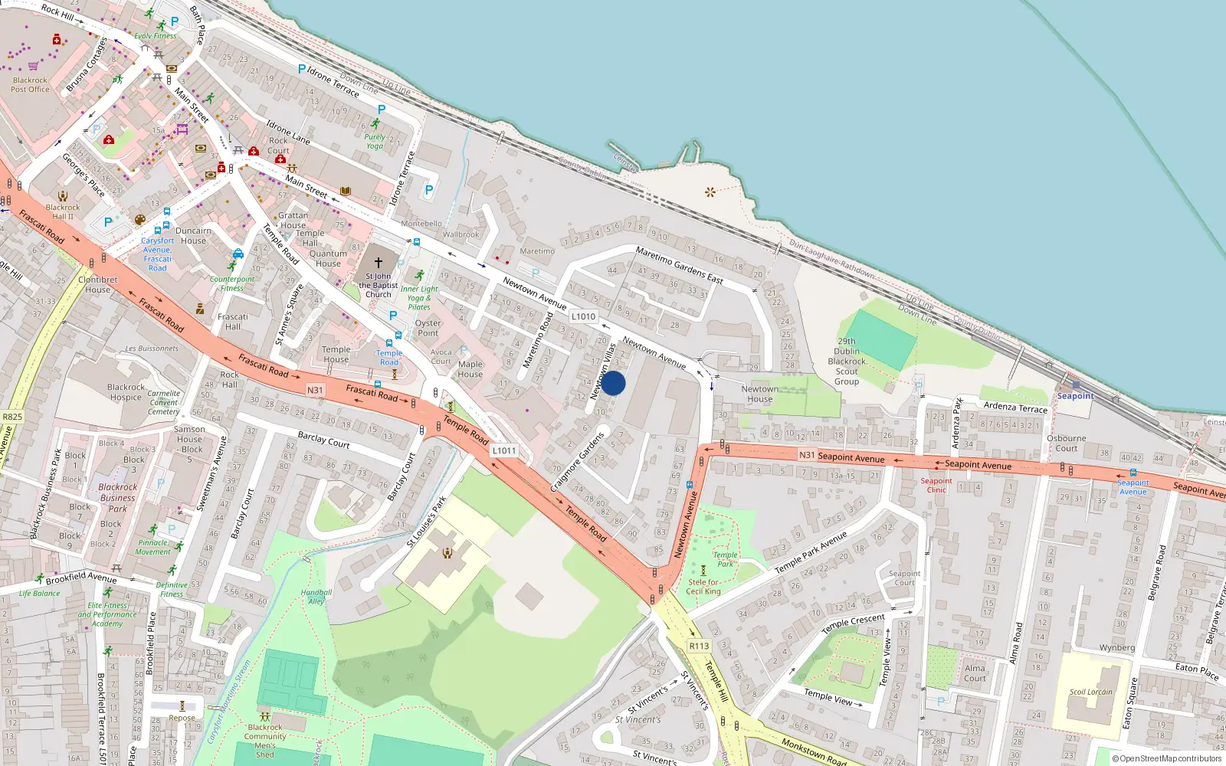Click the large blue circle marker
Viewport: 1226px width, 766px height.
pyautogui.click(x=613, y=383)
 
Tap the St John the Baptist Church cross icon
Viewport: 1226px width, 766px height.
pyautogui.click(x=378, y=263)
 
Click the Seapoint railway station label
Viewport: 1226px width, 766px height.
pyautogui.click(x=1075, y=396)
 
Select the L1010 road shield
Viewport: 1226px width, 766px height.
pyautogui.click(x=583, y=316)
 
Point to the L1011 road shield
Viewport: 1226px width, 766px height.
pyautogui.click(x=503, y=450)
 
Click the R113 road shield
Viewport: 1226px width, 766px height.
pyautogui.click(x=699, y=646)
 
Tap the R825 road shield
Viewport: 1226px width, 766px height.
pyautogui.click(x=12, y=417)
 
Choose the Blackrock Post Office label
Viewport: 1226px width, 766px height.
pyautogui.click(x=31, y=85)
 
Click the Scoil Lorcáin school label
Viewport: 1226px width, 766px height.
pyautogui.click(x=1091, y=692)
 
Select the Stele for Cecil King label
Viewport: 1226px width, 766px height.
pyautogui.click(x=703, y=587)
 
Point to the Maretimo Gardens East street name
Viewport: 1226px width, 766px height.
pyautogui.click(x=679, y=265)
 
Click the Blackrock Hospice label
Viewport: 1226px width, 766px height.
pyautogui.click(x=126, y=392)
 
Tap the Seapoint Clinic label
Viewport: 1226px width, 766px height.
pyautogui.click(x=936, y=486)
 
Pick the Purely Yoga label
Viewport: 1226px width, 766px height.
pyautogui.click(x=375, y=142)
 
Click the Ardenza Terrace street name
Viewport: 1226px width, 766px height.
pyautogui.click(x=1015, y=408)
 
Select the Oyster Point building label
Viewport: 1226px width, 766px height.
pyautogui.click(x=428, y=328)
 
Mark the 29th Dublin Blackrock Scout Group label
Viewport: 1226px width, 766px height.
pyautogui.click(x=847, y=362)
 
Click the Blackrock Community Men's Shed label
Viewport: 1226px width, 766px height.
pyautogui.click(x=265, y=741)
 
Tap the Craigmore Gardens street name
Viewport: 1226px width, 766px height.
pyautogui.click(x=577, y=463)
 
